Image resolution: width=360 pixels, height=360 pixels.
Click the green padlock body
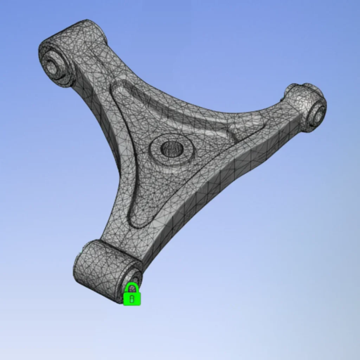click(132, 298)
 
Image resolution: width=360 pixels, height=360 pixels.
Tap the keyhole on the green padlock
click(132, 299)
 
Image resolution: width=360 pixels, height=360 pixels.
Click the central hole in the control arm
click(172, 149)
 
